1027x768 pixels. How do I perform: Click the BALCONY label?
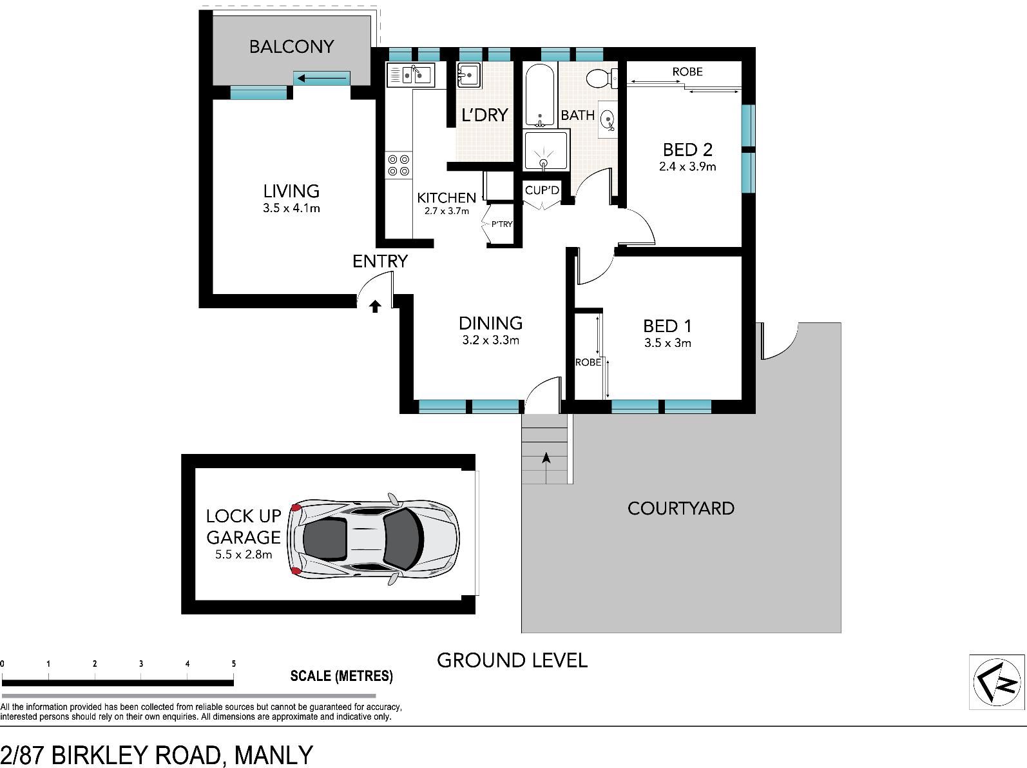point(291,46)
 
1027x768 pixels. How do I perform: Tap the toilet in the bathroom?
point(602,78)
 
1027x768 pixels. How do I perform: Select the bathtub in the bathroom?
point(540,95)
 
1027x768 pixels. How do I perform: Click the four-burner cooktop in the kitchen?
point(399,165)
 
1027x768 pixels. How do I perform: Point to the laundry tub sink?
point(469,75)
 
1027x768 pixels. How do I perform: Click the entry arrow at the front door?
point(375,306)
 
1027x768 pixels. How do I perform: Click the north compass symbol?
point(997,682)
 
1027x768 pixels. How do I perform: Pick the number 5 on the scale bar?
point(233,664)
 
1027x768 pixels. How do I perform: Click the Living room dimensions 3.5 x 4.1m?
point(291,208)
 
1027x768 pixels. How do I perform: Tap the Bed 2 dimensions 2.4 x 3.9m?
point(687,166)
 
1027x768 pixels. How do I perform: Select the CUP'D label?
point(542,190)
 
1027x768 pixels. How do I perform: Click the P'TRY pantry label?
point(501,224)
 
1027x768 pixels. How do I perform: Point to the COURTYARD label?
point(681,509)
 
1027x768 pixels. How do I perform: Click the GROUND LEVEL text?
point(512,660)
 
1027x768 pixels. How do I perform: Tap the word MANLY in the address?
point(273,755)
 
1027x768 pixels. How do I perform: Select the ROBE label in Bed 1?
point(588,362)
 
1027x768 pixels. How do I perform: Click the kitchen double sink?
point(411,75)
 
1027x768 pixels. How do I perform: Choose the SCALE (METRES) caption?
point(341,676)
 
